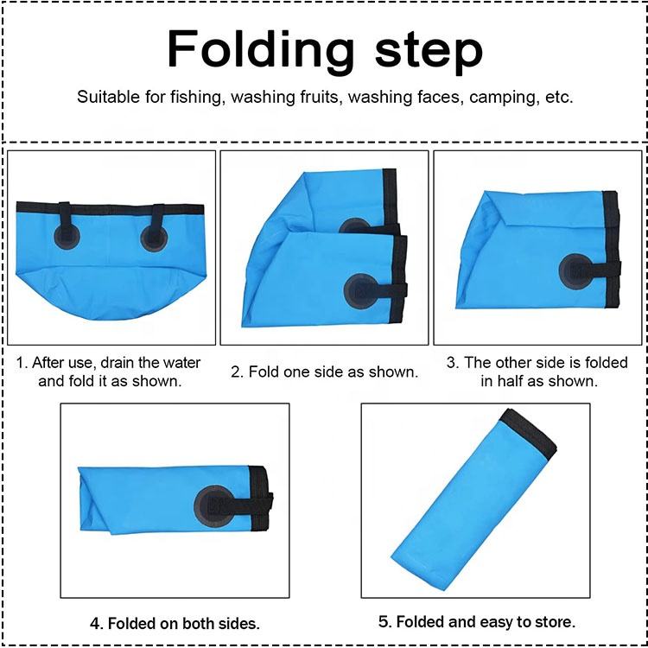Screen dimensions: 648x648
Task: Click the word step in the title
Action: point(429,52)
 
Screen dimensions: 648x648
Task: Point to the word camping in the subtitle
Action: point(505,98)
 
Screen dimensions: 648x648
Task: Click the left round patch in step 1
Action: point(67,237)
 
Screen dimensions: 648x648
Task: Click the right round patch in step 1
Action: point(154,238)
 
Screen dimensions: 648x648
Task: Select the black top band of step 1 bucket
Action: point(111,208)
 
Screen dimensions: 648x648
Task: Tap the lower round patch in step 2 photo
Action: point(362,291)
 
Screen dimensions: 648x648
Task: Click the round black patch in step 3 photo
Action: point(576,271)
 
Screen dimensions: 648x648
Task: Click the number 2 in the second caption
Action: point(237,372)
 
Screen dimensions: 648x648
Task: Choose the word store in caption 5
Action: point(555,621)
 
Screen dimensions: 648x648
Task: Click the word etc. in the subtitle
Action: point(559,98)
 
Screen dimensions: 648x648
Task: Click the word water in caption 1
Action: point(181,362)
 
